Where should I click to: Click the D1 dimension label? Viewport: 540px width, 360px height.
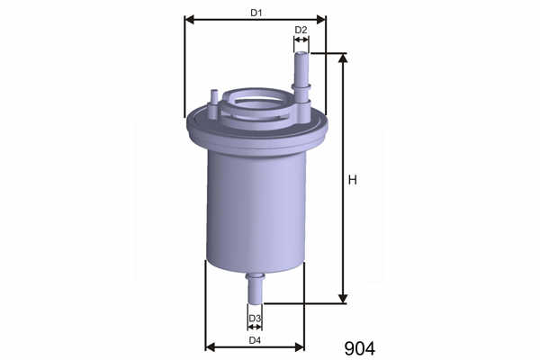point(256,13)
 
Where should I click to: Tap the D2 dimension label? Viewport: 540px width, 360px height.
point(301,30)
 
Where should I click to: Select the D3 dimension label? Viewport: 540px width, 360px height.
point(255,318)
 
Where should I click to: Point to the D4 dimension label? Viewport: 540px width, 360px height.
point(255,340)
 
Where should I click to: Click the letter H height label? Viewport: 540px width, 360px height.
point(352,180)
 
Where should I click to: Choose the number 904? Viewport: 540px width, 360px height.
point(359,348)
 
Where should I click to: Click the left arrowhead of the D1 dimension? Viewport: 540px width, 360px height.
point(190,20)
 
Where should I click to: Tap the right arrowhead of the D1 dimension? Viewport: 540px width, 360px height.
point(320,20)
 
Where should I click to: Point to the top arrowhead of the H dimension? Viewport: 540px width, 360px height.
point(343,58)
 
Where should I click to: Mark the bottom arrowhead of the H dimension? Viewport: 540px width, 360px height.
point(343,299)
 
